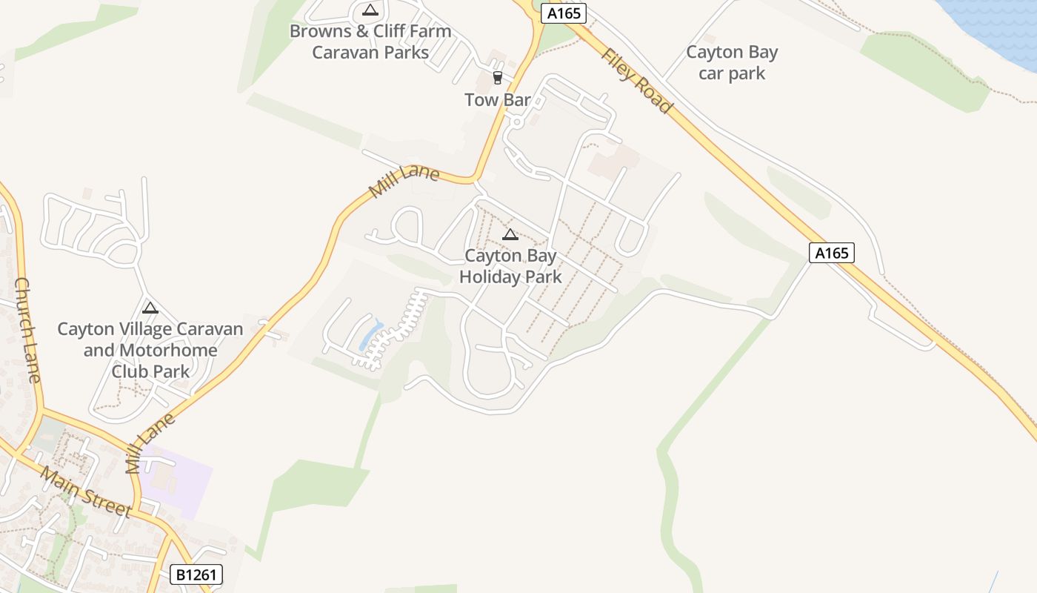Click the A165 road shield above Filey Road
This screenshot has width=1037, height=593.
coord(563,13)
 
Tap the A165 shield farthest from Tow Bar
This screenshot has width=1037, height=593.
coord(831,253)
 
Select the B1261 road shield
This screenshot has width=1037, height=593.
coord(196,574)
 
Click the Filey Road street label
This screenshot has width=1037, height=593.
coord(637,81)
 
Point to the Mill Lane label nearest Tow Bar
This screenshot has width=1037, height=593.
coord(404,182)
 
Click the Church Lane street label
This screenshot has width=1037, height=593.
coord(27,330)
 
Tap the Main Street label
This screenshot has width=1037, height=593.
coord(86,491)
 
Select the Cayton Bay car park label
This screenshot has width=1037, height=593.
coord(732,62)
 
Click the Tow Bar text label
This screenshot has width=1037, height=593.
coord(498,99)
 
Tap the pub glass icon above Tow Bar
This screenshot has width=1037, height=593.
coord(498,78)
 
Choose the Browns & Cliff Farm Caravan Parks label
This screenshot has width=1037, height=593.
coord(370,42)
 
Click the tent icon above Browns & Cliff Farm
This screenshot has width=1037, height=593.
coord(370,10)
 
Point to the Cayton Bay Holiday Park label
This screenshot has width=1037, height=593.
coord(510,266)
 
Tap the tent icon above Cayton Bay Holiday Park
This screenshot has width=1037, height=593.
coord(510,235)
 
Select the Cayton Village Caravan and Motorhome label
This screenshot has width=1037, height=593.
coord(150,350)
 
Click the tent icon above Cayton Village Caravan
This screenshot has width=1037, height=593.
coord(150,308)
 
